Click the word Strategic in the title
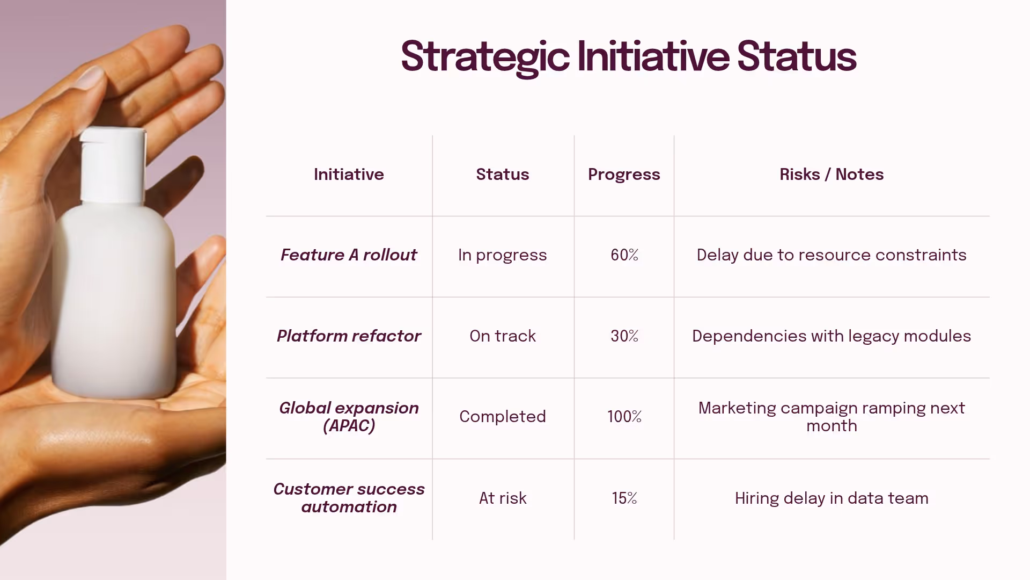point(484,57)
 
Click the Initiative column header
point(349,175)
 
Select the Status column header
point(503,175)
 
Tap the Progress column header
point(624,175)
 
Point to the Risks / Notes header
point(832,175)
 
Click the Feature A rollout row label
point(349,255)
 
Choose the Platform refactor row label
point(349,336)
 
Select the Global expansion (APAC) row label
point(349,417)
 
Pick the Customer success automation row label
point(349,498)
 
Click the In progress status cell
point(503,255)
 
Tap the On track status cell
point(503,336)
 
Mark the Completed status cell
point(503,417)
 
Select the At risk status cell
point(503,498)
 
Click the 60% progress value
point(624,255)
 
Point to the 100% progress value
point(624,417)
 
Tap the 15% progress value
point(624,498)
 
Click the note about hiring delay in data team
point(832,498)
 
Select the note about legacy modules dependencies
point(832,336)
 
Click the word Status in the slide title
point(797,57)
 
